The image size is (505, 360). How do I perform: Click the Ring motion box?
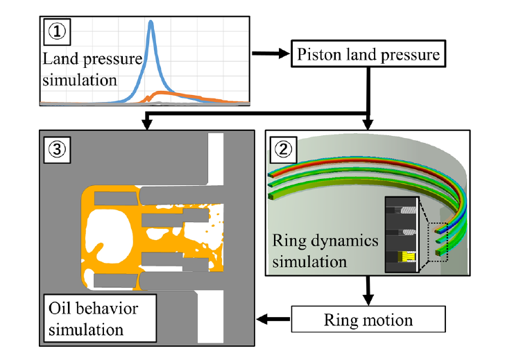(x=368, y=320)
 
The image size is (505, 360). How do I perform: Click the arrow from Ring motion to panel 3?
(x=273, y=320)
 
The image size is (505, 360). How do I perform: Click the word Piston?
(x=322, y=53)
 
